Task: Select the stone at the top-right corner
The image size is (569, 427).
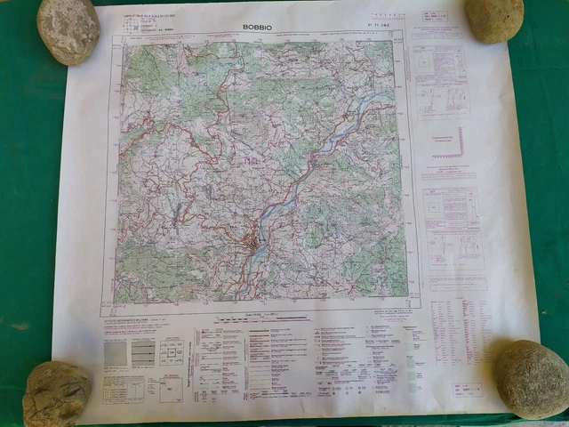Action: (x=493, y=19)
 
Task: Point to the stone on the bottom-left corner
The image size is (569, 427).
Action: (x=57, y=394)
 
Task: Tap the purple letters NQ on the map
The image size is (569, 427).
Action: (x=252, y=160)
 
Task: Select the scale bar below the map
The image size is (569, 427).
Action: (x=267, y=316)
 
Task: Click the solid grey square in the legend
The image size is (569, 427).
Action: (x=116, y=353)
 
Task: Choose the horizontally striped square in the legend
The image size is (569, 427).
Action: (x=143, y=353)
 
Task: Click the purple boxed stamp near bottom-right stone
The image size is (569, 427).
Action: (x=466, y=389)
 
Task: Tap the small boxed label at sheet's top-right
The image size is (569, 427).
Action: (x=437, y=17)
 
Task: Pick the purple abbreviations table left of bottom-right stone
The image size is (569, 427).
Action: (x=453, y=329)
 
